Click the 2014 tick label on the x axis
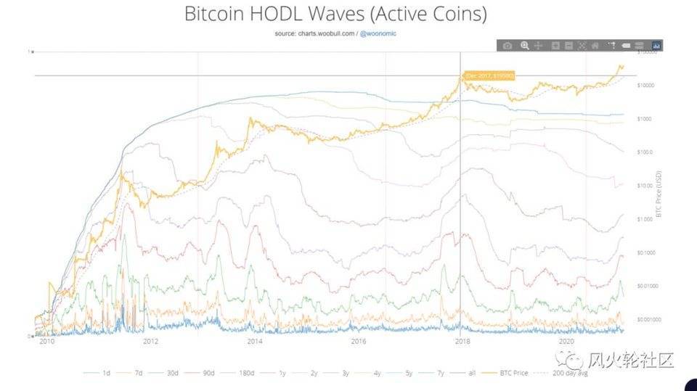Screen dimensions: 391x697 click(x=254, y=341)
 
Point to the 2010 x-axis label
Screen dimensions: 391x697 click(x=47, y=341)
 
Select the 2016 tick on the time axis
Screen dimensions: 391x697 click(x=358, y=341)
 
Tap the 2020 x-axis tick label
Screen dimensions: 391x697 click(x=566, y=341)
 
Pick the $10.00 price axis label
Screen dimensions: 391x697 click(x=645, y=186)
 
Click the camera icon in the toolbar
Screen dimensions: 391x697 click(x=508, y=46)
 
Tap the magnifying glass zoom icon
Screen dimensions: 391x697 click(x=524, y=46)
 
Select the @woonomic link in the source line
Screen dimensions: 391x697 click(x=380, y=33)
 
